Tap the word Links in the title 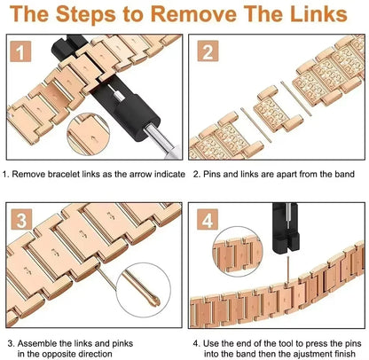[x=318, y=14]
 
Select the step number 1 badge [x=20, y=51]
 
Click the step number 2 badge [x=208, y=51]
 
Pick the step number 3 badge [x=21, y=219]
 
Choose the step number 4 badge [x=208, y=219]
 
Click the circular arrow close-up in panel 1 [x=89, y=134]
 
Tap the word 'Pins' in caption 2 [x=212, y=174]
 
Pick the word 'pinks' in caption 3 [x=122, y=344]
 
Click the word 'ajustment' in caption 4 [x=310, y=354]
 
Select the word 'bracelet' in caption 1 [x=64, y=174]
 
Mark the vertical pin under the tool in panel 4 [x=287, y=270]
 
